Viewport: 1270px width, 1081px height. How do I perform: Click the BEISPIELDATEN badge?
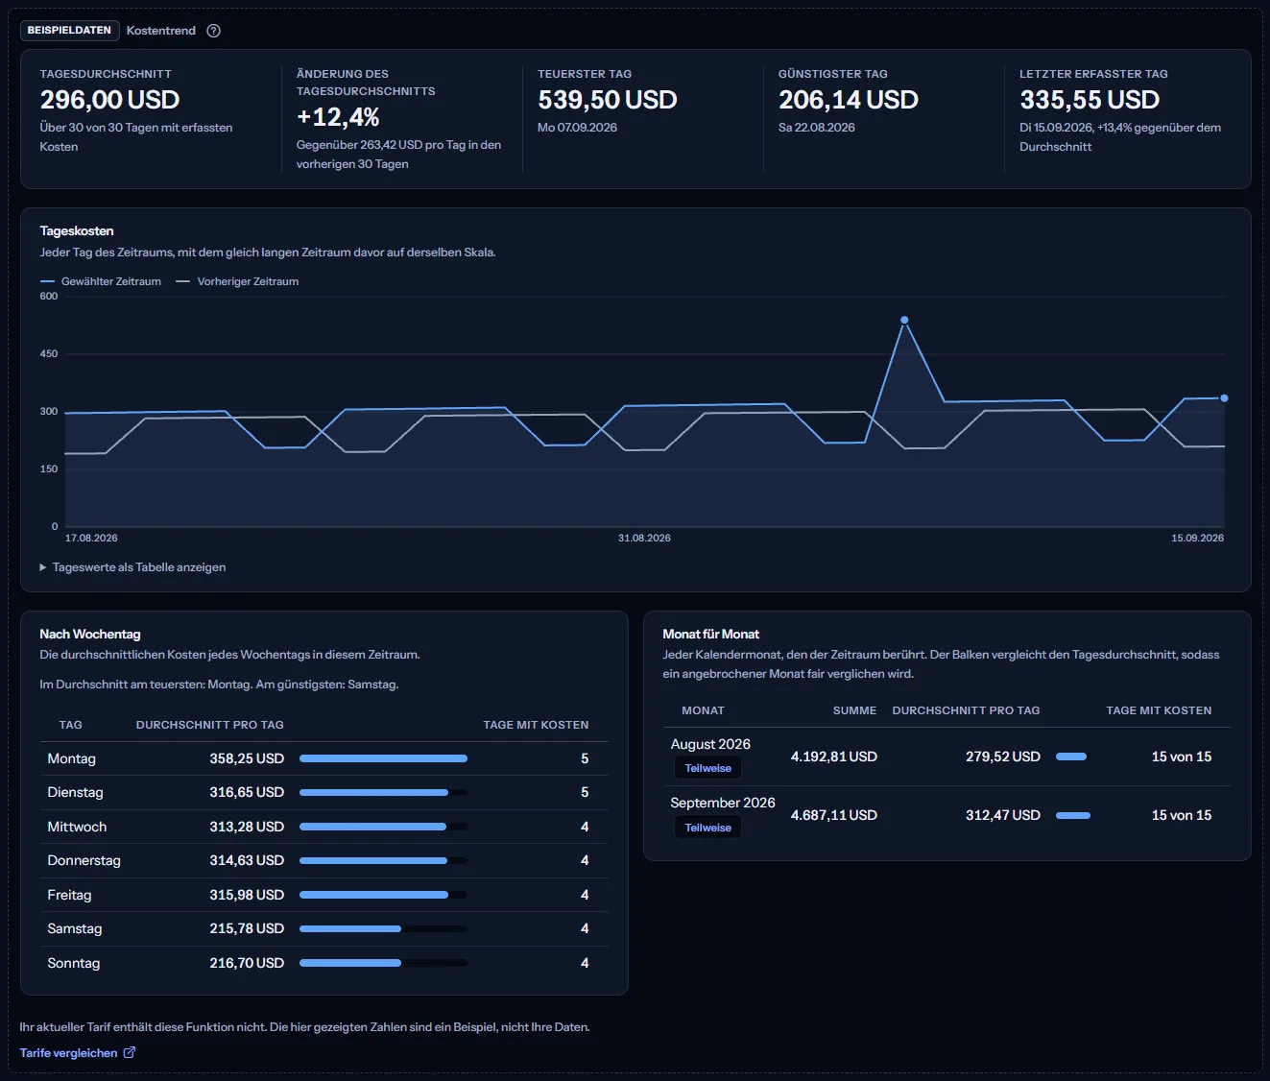69,30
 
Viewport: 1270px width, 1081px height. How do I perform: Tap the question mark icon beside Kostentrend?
213,31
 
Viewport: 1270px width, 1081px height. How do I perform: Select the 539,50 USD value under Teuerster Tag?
607,100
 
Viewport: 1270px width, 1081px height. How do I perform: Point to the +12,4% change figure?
337,117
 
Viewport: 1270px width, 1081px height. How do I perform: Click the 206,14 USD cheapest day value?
848,100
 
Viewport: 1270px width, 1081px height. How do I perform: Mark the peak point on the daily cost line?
904,321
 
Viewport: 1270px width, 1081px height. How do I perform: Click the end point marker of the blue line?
1224,398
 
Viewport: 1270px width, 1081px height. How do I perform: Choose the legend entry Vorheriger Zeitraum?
237,281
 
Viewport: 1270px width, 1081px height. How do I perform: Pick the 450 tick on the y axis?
49,353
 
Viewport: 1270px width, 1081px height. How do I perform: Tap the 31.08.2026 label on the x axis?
644,538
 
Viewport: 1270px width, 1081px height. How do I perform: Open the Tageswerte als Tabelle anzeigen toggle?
132,567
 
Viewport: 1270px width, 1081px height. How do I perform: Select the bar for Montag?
383,758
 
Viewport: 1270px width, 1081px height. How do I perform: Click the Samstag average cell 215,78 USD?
247,928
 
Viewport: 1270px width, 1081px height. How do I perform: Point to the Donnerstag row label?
84,860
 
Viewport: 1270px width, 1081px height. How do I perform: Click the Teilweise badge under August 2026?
707,768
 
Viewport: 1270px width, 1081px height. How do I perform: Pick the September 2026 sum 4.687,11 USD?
834,815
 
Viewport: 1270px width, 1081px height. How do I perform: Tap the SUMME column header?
854,710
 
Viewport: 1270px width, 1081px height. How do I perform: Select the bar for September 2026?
1073,815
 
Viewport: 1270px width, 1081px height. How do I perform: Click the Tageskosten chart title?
77,231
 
